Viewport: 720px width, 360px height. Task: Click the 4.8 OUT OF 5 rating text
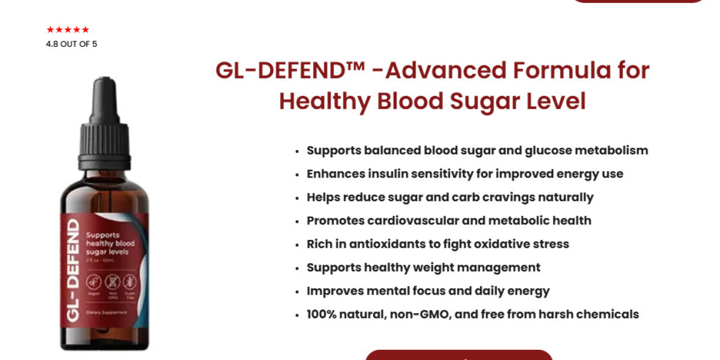point(71,44)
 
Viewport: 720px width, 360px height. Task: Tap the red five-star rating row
point(68,29)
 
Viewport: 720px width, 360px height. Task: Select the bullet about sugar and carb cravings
point(450,197)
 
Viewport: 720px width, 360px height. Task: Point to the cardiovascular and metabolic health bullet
point(449,221)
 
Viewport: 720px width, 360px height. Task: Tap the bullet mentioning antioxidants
point(438,244)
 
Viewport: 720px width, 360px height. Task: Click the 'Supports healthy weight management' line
point(424,268)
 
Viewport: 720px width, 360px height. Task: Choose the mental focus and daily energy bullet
point(428,291)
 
